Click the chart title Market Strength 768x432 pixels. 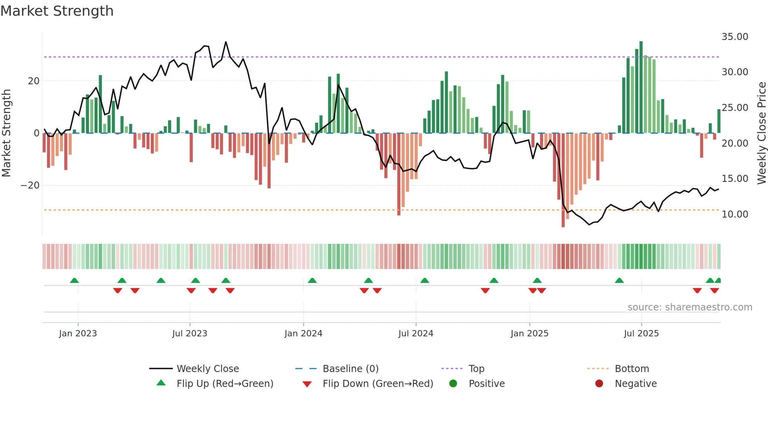(x=57, y=11)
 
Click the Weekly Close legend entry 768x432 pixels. (x=207, y=368)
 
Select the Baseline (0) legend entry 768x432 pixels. (x=350, y=368)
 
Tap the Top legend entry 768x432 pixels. (x=476, y=368)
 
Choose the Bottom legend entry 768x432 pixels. (x=632, y=368)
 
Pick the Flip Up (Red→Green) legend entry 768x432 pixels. (x=225, y=383)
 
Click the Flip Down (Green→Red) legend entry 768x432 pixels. (x=378, y=383)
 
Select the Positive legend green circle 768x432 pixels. (x=453, y=383)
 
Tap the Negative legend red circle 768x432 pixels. (x=599, y=383)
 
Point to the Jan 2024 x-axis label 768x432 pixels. (x=303, y=333)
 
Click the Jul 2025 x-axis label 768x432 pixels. (x=641, y=333)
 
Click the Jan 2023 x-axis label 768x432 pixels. (x=78, y=333)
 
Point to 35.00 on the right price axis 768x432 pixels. (x=735, y=37)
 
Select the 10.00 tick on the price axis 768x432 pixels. (x=735, y=214)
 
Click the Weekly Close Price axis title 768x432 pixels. (x=761, y=133)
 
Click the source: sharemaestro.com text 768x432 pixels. (x=690, y=307)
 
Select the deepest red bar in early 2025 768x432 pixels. (x=563, y=180)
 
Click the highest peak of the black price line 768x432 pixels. (x=226, y=42)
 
